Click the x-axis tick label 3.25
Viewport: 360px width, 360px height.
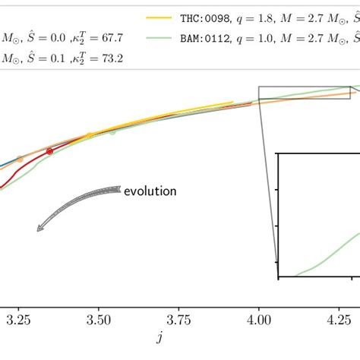pyautogui.click(x=17, y=321)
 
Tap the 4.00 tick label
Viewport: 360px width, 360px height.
pyautogui.click(x=258, y=321)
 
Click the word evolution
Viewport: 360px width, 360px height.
pyautogui.click(x=150, y=191)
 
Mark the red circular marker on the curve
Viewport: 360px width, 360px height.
pyautogui.click(x=49, y=152)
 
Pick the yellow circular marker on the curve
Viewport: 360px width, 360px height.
pyautogui.click(x=89, y=136)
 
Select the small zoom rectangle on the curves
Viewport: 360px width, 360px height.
pyautogui.click(x=305, y=93)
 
